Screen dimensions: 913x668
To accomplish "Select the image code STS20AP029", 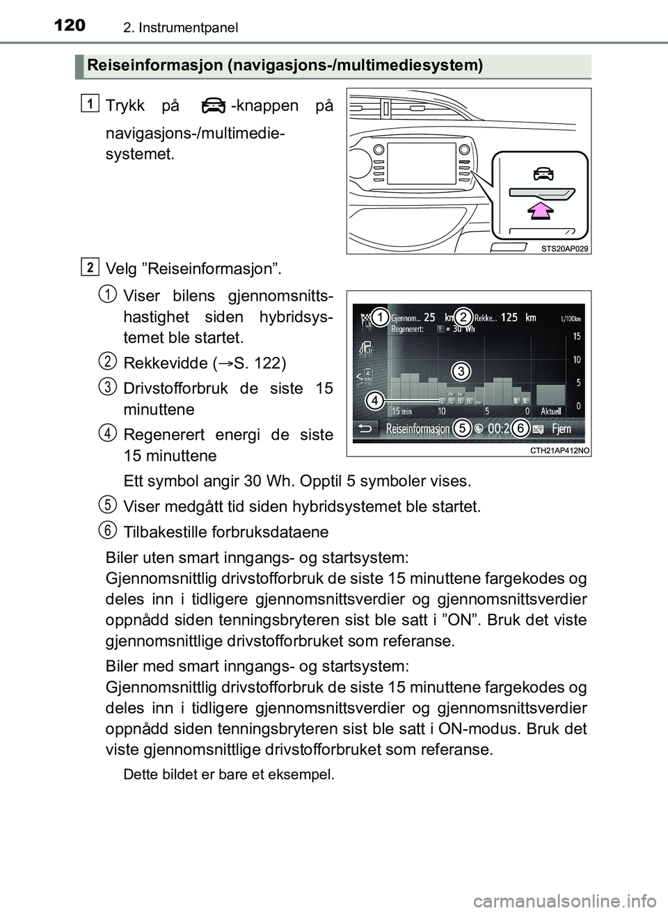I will [x=564, y=248].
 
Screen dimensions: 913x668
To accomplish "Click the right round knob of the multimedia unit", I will [x=462, y=150].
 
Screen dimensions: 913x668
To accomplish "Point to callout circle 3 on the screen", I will [x=459, y=370].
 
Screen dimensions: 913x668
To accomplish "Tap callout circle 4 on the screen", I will [x=374, y=401].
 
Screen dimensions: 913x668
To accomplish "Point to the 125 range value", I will [x=509, y=317].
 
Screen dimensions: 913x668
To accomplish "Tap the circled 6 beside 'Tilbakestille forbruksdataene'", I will [x=107, y=530].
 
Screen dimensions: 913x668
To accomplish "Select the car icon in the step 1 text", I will [x=211, y=106].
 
